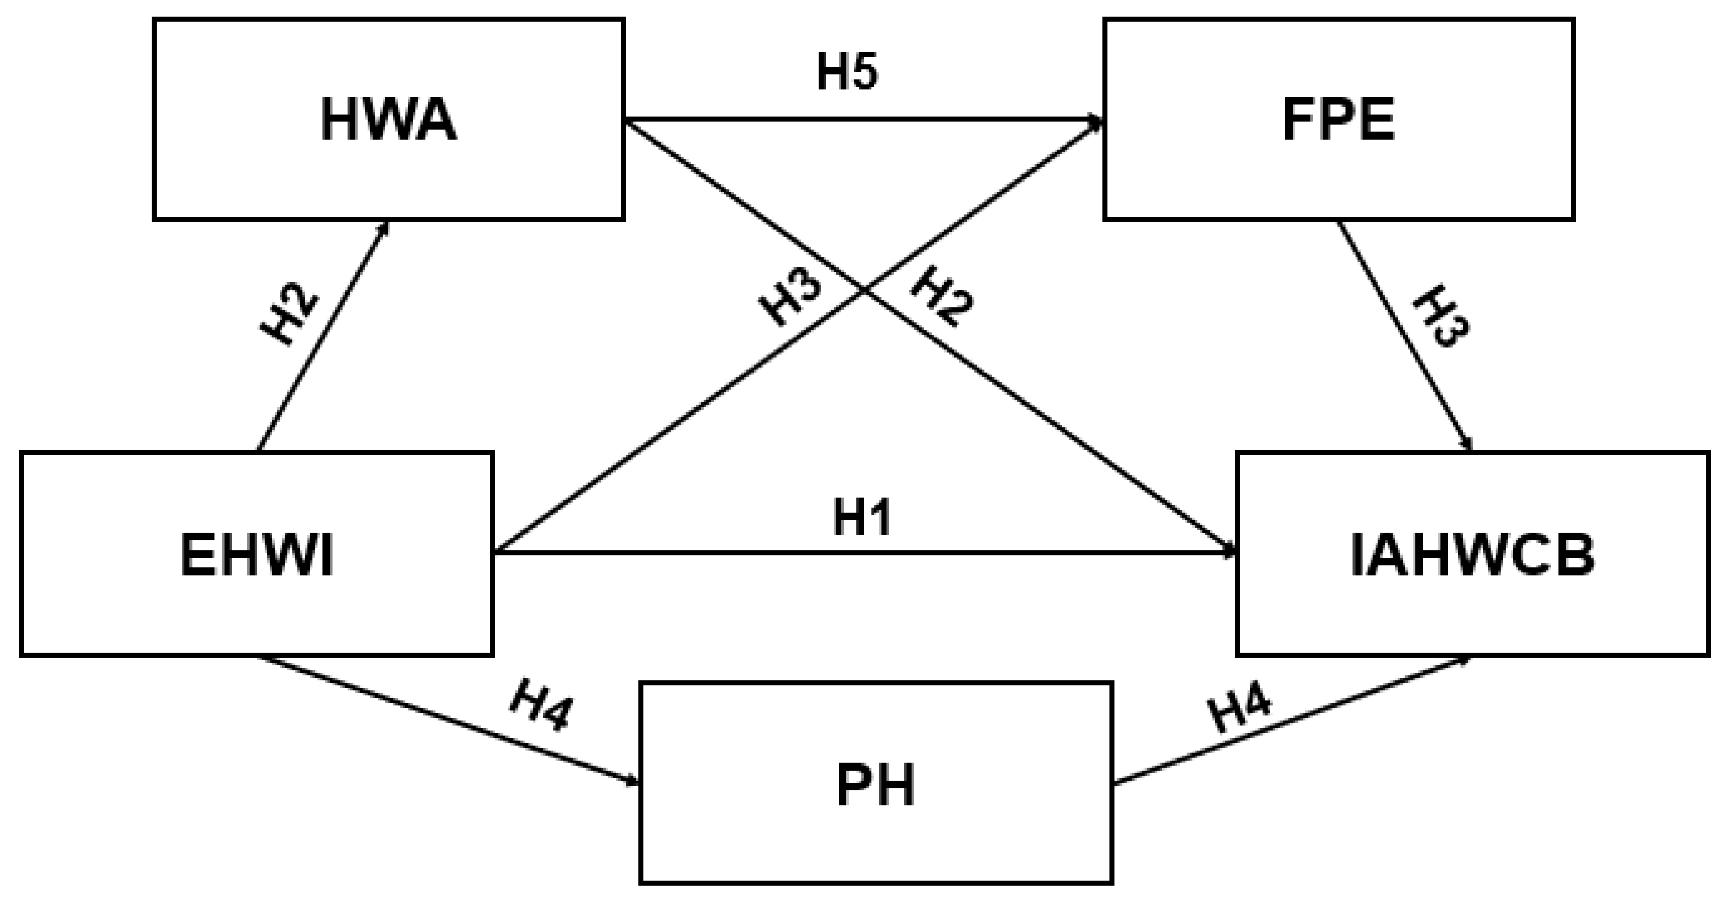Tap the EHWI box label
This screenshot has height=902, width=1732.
257,555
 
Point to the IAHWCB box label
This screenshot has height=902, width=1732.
1473,555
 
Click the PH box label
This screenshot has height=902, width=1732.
876,786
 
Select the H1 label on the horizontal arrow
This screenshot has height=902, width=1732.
862,518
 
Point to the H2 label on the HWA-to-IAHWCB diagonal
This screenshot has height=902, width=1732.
941,296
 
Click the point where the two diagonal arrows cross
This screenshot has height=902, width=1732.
864,290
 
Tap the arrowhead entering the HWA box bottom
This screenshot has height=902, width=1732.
385,226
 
